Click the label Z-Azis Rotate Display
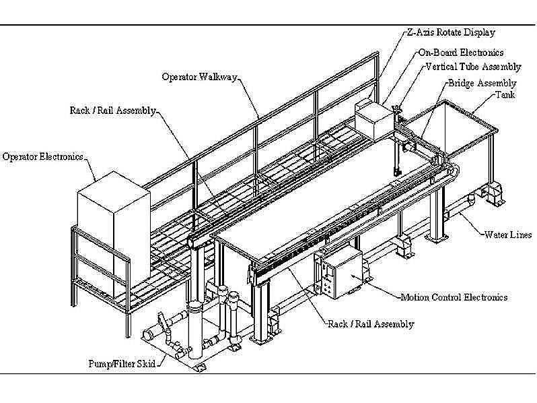[x=450, y=32]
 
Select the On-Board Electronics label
[x=460, y=53]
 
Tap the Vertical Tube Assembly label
[x=473, y=67]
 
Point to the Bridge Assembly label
[x=482, y=84]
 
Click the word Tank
[x=505, y=96]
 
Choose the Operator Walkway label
[x=199, y=77]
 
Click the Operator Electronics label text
[x=42, y=156]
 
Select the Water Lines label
[x=508, y=235]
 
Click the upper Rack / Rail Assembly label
[x=113, y=110]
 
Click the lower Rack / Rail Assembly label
[x=370, y=324]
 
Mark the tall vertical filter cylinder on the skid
[x=195, y=330]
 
